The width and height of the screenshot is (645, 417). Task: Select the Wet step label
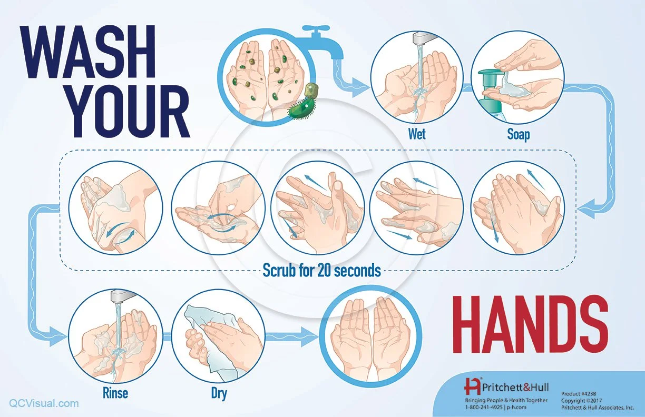416,134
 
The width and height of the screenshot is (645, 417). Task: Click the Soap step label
518,134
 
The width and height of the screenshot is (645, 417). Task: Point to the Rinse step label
115,393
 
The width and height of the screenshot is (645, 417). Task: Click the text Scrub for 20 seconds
321,271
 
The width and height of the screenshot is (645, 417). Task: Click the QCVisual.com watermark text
44,403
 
